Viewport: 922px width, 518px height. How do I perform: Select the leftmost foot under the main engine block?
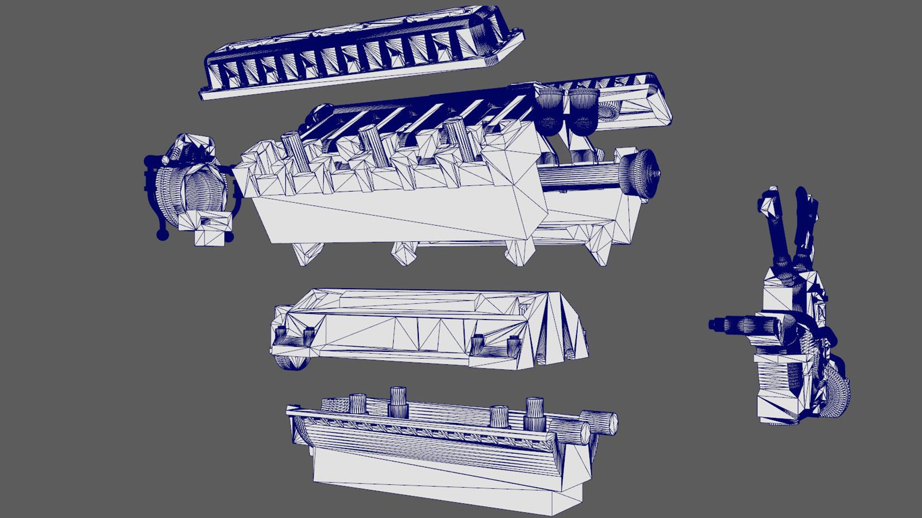(307, 253)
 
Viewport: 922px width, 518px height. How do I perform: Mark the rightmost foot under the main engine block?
(600, 249)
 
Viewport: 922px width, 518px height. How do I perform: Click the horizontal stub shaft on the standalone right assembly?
(735, 325)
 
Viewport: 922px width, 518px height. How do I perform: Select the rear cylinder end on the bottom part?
(603, 422)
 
